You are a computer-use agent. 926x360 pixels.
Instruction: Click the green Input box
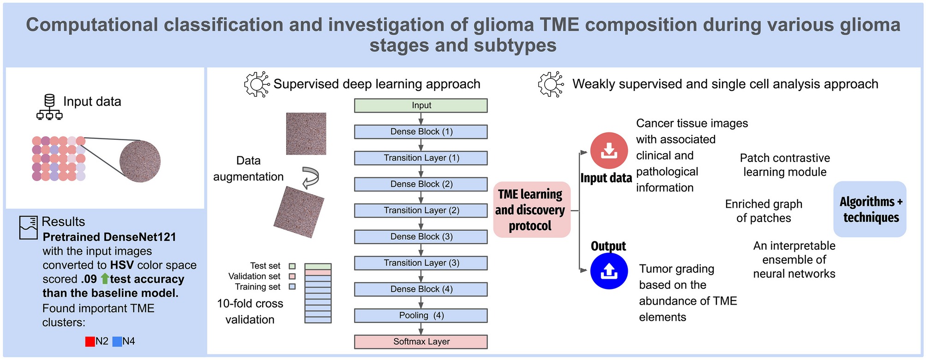[421, 106]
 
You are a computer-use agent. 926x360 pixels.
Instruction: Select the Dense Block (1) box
[421, 132]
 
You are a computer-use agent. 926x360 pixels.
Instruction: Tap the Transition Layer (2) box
[421, 210]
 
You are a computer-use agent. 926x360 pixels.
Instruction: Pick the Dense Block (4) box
[421, 289]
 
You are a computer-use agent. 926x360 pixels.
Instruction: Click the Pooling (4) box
[421, 316]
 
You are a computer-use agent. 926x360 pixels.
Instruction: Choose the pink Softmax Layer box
[421, 342]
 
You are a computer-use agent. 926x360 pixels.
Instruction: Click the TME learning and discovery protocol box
[532, 210]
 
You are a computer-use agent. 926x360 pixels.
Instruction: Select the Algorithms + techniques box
[870, 209]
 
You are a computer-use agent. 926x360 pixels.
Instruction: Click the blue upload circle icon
[609, 271]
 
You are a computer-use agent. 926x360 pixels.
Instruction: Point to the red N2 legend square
[90, 342]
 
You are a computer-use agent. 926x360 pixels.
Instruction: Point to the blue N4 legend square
[117, 342]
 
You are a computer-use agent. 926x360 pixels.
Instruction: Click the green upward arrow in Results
[105, 279]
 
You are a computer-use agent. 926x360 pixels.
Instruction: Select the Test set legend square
[292, 266]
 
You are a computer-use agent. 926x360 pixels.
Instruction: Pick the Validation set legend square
[292, 276]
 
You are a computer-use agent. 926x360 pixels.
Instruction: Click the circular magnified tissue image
[140, 161]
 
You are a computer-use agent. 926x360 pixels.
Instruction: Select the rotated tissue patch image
[299, 212]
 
